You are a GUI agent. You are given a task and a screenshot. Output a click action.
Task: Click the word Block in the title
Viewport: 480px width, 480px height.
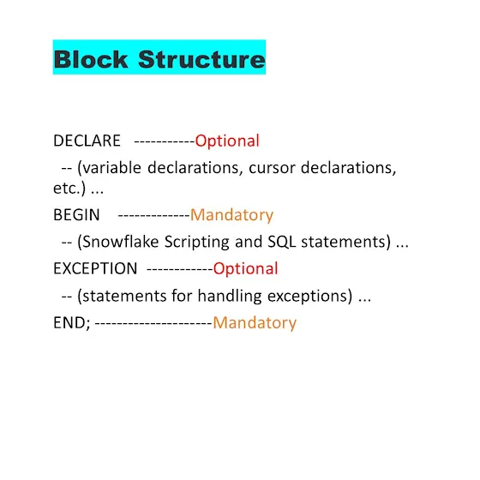(91, 59)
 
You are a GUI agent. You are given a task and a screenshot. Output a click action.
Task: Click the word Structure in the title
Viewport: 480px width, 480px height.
(201, 59)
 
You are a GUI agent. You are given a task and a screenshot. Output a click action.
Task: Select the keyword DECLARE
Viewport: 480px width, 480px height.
(87, 141)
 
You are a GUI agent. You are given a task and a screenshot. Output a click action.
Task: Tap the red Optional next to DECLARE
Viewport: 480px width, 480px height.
(227, 141)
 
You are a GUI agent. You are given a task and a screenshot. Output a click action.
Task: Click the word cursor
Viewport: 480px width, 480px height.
(273, 168)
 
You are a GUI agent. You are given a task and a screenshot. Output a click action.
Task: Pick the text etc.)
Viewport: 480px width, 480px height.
(69, 188)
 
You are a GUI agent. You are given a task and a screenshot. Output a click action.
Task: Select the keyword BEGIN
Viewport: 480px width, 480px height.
(76, 214)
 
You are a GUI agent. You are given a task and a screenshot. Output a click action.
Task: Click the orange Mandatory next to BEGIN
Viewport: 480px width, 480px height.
(231, 215)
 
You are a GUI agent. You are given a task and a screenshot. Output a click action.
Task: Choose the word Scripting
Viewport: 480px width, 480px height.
(197, 242)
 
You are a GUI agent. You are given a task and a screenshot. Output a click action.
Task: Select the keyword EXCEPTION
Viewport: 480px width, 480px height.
(95, 268)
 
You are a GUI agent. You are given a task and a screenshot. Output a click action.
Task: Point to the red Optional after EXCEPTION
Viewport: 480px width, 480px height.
(245, 268)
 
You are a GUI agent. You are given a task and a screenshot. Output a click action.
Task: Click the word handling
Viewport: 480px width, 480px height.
(230, 296)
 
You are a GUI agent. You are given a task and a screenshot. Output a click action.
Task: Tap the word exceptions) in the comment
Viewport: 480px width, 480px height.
(309, 296)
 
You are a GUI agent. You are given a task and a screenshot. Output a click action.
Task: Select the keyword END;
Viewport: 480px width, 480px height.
(72, 322)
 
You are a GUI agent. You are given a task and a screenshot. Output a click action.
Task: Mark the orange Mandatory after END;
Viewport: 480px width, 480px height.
(255, 322)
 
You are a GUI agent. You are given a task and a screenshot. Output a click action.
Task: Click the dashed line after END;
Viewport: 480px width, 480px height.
(153, 323)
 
